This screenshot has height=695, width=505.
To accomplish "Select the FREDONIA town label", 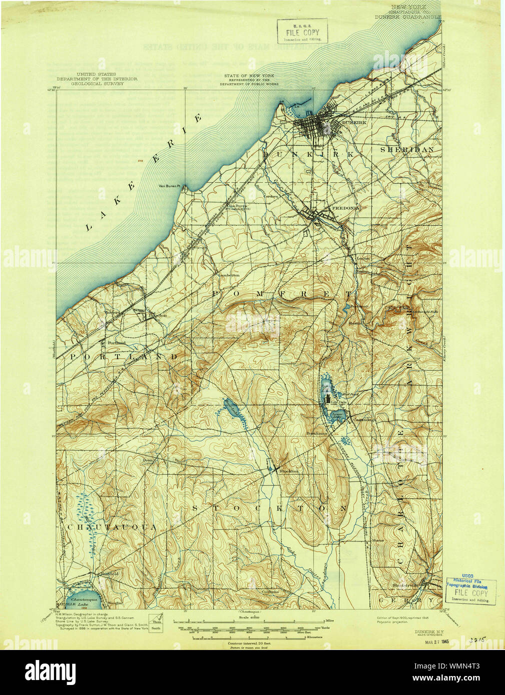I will pyautogui.click(x=345, y=207).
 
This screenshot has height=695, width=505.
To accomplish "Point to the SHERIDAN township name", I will pyautogui.click(x=406, y=149).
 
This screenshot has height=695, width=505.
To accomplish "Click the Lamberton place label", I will pyautogui.click(x=228, y=275).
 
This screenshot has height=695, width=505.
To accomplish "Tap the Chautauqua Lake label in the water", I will pyautogui.click(x=83, y=599).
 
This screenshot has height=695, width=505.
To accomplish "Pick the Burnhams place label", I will pyautogui.click(x=316, y=433).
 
